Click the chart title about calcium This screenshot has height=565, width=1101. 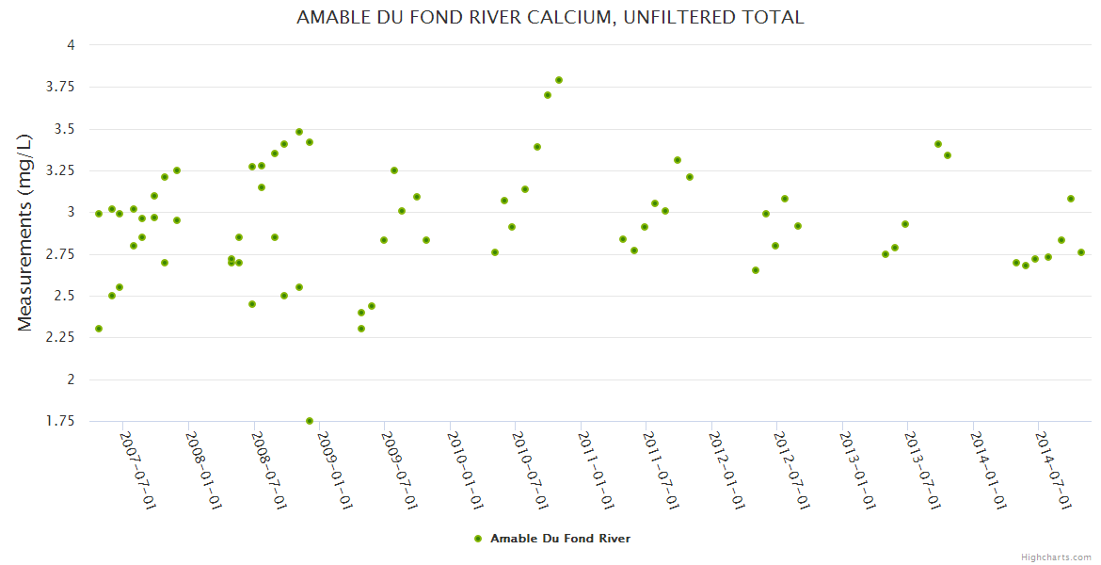[x=550, y=17]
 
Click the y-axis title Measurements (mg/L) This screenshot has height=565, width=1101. [x=25, y=232]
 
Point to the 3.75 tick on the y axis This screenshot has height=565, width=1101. [x=62, y=87]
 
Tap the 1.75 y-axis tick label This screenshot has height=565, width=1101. [x=62, y=421]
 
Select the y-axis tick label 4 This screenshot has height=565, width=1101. [x=70, y=45]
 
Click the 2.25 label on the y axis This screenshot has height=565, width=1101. [x=62, y=338]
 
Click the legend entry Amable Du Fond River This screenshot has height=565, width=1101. [x=560, y=539]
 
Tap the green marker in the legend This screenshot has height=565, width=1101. [x=478, y=539]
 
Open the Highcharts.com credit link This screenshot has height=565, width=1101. [x=1056, y=557]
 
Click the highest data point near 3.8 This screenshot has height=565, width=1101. [x=559, y=80]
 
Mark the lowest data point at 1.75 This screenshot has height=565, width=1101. [x=310, y=421]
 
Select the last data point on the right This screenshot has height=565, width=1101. [x=1081, y=252]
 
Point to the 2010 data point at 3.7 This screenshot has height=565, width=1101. [x=548, y=95]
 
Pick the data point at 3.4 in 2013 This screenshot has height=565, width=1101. [x=938, y=144]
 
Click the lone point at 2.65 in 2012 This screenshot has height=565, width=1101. [x=756, y=270]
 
